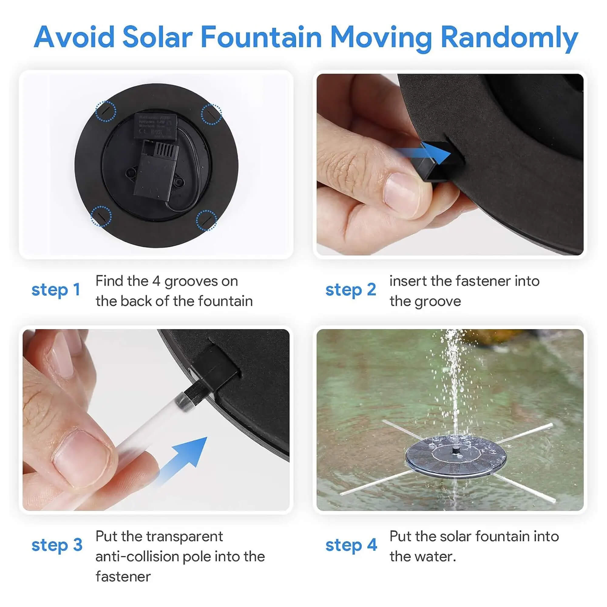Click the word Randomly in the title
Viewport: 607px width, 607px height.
click(509, 38)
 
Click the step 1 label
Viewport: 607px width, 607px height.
click(56, 290)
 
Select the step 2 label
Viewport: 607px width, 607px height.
click(351, 290)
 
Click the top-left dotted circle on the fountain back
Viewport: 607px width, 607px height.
click(106, 111)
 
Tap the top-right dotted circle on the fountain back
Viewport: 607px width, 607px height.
click(212, 114)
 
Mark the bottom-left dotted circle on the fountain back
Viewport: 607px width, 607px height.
click(101, 216)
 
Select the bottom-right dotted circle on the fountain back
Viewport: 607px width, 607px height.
click(206, 220)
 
